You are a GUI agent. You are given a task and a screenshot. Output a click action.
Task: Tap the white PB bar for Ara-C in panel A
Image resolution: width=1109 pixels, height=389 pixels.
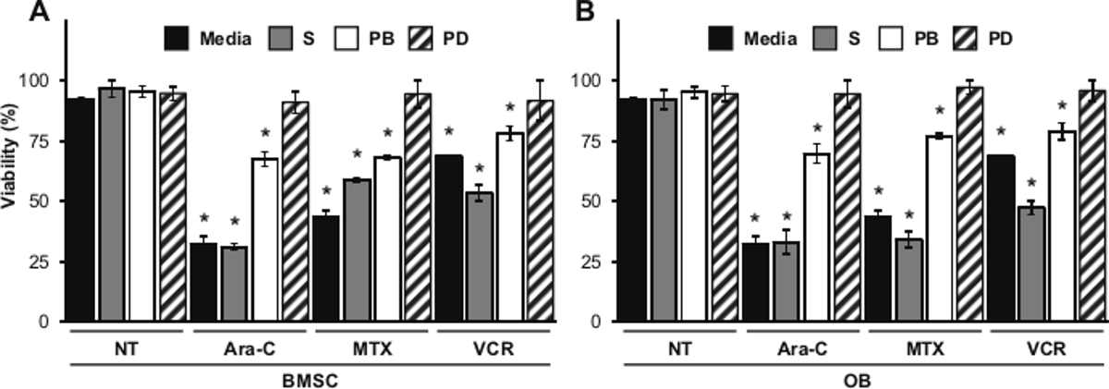264,239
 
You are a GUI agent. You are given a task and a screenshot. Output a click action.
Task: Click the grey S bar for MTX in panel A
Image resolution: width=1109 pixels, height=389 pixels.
357,250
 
